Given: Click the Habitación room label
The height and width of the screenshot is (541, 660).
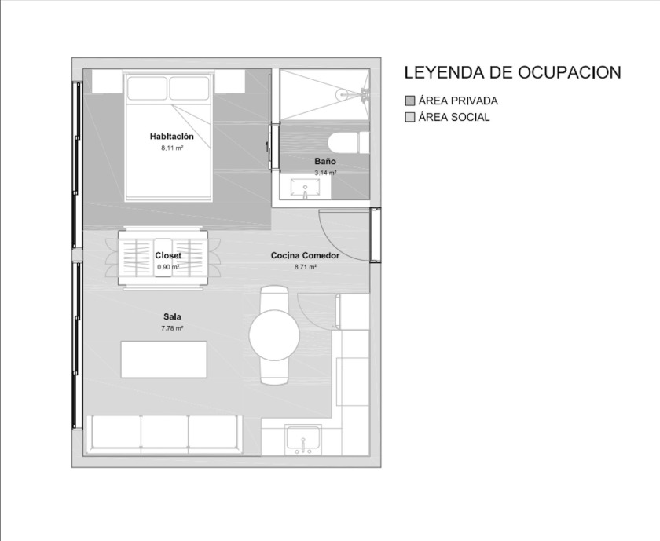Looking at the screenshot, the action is [172, 137].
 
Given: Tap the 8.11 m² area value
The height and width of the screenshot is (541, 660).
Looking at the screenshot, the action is [172, 148].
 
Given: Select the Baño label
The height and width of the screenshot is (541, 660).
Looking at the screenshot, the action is [325, 161].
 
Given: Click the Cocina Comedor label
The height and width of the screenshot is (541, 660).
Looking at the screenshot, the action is [305, 255].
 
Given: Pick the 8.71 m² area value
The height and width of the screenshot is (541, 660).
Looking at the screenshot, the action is [306, 267].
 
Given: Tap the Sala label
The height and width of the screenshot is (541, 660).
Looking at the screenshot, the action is [172, 316].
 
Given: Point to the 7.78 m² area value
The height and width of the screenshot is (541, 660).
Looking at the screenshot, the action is [172, 328].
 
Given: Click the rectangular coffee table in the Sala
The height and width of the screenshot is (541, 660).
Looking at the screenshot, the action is [163, 360].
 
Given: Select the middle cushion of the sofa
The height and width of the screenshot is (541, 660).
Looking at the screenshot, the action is [164, 432].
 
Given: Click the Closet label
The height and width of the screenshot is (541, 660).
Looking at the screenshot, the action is [168, 255].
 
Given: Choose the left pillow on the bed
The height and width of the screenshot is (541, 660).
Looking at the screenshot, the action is [148, 89].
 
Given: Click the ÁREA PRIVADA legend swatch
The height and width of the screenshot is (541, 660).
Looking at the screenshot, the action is [410, 101].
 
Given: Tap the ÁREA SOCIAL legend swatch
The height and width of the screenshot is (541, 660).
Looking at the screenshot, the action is [410, 117].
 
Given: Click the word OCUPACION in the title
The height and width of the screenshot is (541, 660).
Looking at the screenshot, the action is [570, 72].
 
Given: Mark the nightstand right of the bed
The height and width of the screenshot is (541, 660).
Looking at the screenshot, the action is [229, 81].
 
